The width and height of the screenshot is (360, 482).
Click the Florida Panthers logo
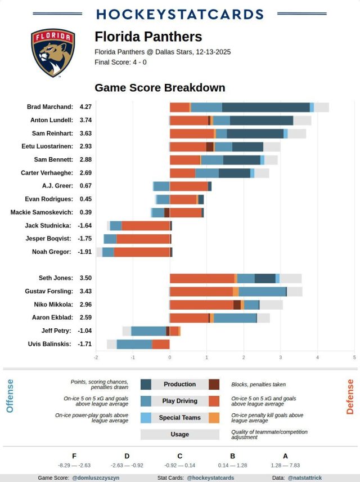[53, 53]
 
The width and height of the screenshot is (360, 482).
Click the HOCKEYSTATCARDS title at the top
[180, 15]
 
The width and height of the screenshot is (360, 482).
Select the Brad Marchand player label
[50, 107]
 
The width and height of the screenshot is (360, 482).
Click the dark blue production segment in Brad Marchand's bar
[265, 107]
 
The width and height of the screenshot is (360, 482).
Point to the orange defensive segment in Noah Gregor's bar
[142, 252]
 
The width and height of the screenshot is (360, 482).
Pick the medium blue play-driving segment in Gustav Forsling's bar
[262, 291]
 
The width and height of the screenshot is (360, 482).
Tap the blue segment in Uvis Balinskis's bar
[134, 344]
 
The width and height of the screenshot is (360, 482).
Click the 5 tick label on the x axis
[354, 358]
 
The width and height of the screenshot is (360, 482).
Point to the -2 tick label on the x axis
[96, 358]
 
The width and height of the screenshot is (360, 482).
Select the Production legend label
[179, 385]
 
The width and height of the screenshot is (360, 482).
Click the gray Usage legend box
[179, 435]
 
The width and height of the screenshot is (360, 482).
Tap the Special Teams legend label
[179, 418]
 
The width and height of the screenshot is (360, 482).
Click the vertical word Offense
[10, 396]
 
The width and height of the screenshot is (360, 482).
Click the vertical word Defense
[350, 396]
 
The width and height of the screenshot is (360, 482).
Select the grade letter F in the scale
[74, 456]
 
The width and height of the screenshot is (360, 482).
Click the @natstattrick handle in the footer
[305, 477]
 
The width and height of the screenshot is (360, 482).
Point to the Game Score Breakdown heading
[160, 88]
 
